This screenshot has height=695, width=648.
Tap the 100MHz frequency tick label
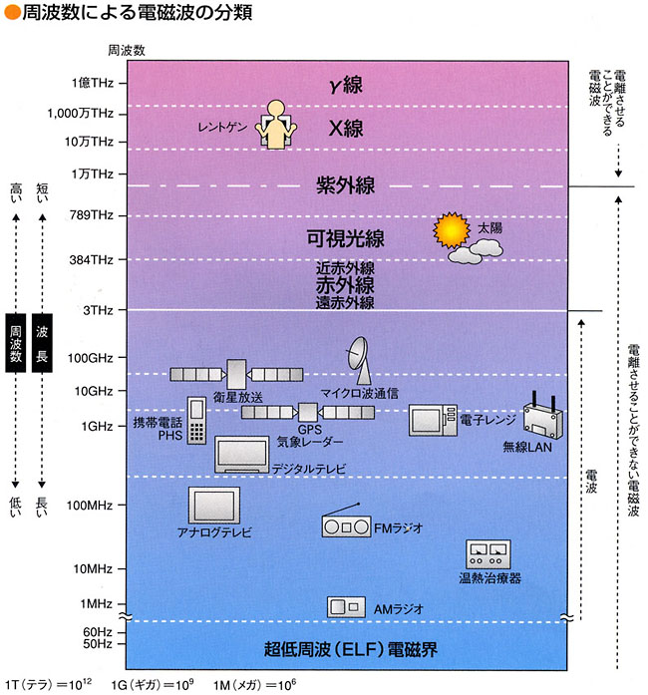[x=87, y=506]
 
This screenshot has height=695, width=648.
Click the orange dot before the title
[x=10, y=14]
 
